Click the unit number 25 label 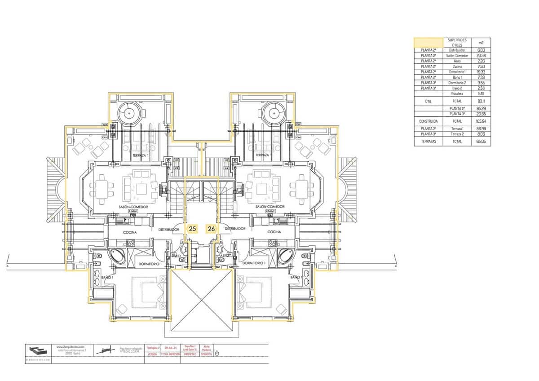[193, 229]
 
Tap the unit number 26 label [211, 229]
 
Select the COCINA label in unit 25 [130, 232]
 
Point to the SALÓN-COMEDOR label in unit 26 [270, 207]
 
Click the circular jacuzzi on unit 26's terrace [273, 111]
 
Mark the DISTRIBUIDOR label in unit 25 [169, 229]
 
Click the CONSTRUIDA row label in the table [428, 121]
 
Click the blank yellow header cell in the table [428, 43]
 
